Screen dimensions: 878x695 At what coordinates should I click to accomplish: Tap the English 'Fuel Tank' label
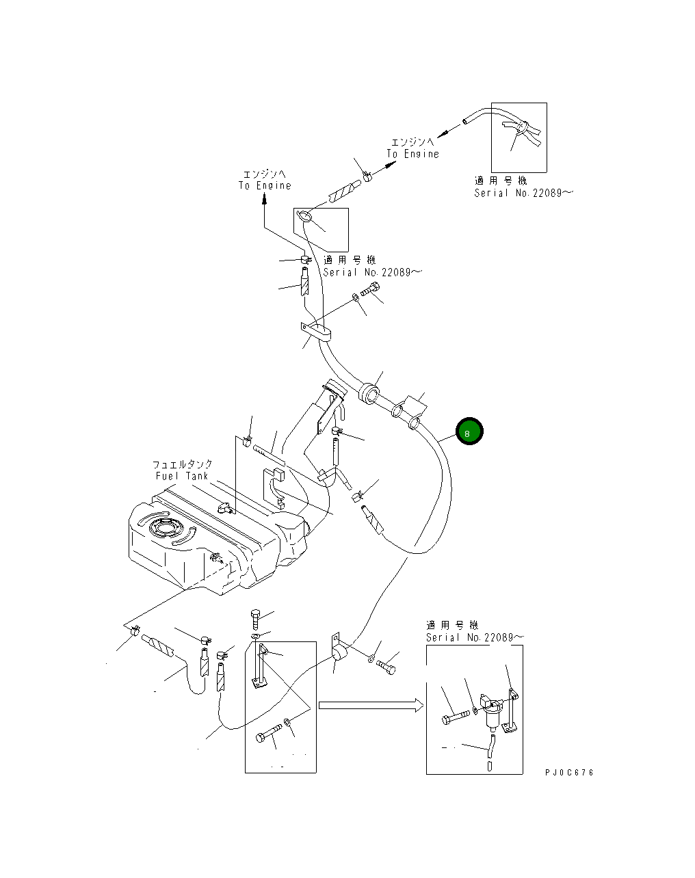point(181,475)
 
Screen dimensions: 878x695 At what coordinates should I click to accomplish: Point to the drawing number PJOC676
point(569,772)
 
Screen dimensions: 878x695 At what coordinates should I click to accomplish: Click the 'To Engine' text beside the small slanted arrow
point(412,154)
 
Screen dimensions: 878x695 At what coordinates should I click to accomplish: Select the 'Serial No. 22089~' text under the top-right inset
point(524,193)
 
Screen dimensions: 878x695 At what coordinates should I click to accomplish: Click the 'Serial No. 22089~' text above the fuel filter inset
point(475,637)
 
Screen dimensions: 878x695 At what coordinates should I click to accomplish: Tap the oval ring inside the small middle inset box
point(305,217)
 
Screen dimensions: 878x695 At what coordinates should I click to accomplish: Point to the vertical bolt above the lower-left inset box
point(255,620)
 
